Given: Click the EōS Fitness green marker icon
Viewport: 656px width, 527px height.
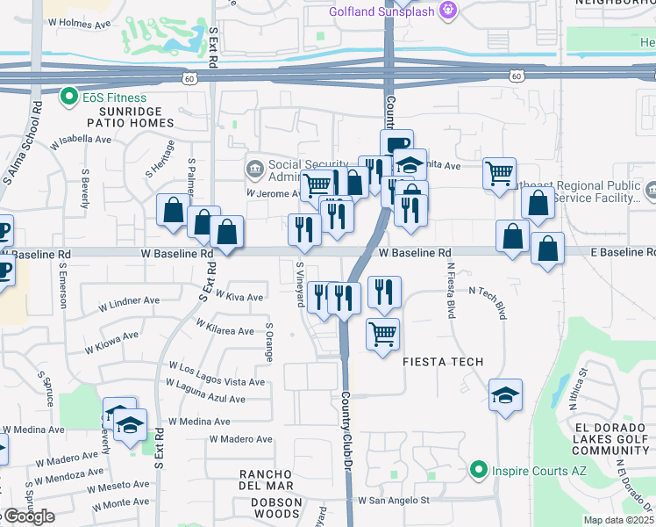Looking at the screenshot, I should [67, 97].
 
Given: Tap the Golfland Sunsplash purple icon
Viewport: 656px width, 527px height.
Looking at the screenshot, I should [449, 11].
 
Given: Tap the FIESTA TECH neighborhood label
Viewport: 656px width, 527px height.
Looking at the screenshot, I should [443, 362].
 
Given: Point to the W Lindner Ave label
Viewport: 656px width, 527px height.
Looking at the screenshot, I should [127, 301].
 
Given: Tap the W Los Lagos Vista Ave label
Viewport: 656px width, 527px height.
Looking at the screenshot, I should [217, 382].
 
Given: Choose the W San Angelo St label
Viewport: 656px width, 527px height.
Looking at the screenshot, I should [393, 501].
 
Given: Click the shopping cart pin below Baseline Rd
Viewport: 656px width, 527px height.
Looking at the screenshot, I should [382, 335].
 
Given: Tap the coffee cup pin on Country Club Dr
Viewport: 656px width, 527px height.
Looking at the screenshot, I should [396, 144].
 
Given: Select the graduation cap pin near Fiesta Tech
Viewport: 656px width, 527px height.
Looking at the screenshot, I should [505, 395].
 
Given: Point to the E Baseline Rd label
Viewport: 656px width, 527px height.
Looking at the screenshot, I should [613, 253].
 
